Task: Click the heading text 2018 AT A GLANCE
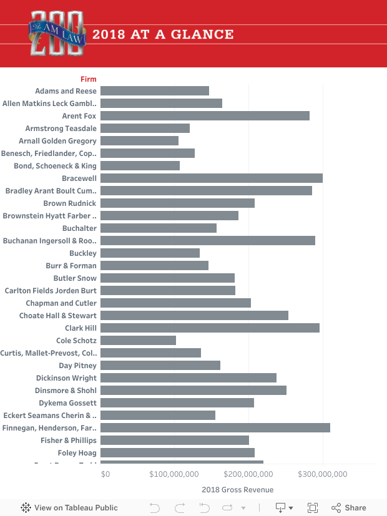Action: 163,34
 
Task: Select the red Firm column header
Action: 89,79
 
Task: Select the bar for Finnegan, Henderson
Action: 215,427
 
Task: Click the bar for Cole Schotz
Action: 138,340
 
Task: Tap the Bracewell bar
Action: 211,178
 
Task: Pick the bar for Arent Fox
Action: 205,115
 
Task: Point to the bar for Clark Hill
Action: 210,328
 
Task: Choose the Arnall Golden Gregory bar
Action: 139,140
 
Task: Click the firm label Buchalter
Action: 79,228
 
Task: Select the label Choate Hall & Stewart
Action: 57,315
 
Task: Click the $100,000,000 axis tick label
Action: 175,474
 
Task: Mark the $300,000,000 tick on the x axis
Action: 322,474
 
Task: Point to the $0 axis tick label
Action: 105,474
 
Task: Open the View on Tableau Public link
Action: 69,507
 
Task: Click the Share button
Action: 349,507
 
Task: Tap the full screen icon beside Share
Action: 313,507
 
